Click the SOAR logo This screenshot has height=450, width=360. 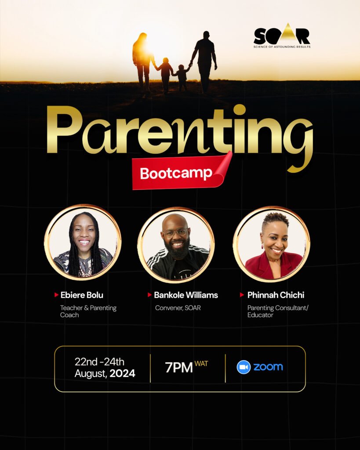point(282,35)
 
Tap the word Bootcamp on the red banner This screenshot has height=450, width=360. point(176,173)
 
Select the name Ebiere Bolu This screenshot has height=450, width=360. point(82,295)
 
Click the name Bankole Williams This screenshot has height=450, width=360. point(186,295)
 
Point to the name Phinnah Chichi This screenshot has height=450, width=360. point(276,295)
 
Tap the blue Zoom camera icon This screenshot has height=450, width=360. point(244,367)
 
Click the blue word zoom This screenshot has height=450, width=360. point(268,367)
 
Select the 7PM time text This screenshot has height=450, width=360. point(178,368)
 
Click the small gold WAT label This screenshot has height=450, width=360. point(201,363)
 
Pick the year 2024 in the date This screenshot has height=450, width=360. point(122,374)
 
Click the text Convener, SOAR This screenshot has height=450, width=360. point(178,308)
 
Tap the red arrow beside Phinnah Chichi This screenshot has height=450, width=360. point(242,295)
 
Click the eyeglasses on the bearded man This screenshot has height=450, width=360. point(176,232)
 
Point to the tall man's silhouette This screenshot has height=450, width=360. point(204,62)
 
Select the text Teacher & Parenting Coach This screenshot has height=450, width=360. point(88,312)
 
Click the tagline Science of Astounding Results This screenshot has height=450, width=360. point(282,47)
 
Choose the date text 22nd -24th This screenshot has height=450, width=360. point(99,362)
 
